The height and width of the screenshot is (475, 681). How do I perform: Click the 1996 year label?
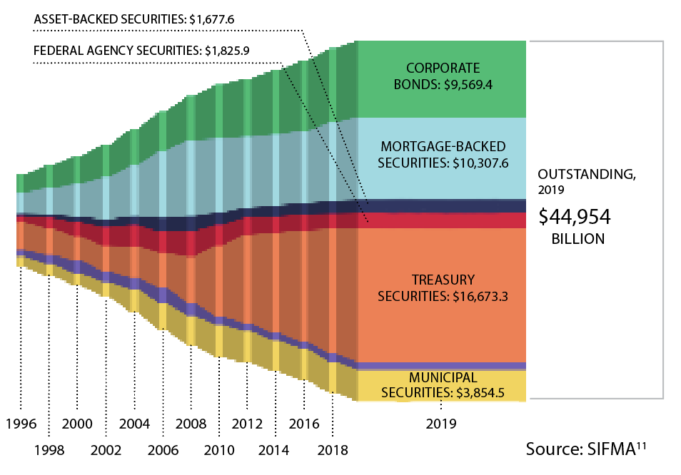pos(21,424)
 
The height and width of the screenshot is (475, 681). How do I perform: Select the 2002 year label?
pos(106,451)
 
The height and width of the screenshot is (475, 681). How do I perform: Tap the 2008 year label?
pos(191,424)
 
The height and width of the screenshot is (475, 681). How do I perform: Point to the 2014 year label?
pos(274,451)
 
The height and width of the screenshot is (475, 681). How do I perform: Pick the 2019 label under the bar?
pos(442,424)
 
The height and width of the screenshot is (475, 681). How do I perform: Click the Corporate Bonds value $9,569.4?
pos(468,83)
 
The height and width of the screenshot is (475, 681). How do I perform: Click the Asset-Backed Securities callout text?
pos(134,19)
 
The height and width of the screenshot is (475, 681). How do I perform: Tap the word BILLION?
pos(578,240)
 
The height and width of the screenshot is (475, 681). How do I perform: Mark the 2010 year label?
pos(218,451)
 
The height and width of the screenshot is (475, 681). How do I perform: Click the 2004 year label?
pos(134,424)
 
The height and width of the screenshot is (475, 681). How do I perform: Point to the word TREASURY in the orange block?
pos(442,279)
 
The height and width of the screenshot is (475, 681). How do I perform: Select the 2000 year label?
pos(77,424)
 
